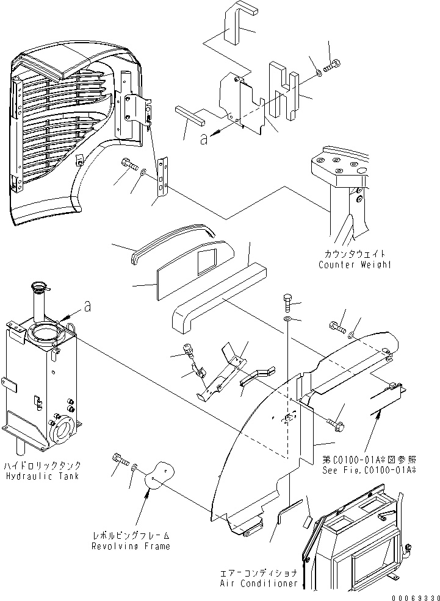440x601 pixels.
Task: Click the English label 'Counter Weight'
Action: [354, 265]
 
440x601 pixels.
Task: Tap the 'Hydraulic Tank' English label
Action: [41, 475]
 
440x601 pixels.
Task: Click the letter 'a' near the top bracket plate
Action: [204, 140]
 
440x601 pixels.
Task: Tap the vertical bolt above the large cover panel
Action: [288, 301]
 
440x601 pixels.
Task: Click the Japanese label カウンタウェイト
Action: [355, 254]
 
